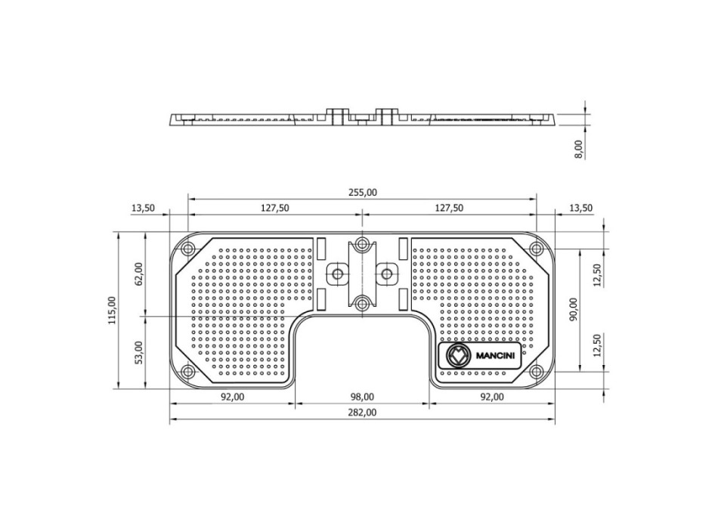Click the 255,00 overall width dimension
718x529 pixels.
point(362,193)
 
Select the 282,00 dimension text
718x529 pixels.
point(362,413)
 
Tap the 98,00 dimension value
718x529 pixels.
point(362,397)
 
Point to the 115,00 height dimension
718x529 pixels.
point(112,311)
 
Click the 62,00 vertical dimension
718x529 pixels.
point(139,274)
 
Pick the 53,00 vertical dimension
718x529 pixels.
point(139,352)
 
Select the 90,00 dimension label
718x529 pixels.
point(574,309)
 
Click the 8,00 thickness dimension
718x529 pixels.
point(579,150)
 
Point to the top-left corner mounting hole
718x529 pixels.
point(187,249)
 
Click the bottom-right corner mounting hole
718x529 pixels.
point(537,371)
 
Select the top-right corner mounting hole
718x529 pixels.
point(537,249)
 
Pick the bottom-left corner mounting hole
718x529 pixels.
point(187,371)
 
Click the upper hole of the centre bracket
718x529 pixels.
point(363,243)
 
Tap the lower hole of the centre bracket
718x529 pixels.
point(363,303)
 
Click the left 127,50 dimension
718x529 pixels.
point(275,208)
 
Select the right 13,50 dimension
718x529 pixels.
point(580,208)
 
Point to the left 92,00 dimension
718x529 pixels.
point(233,397)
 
